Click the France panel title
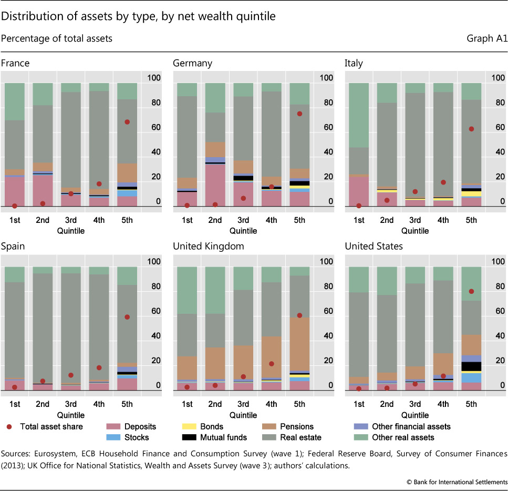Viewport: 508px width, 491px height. [15, 64]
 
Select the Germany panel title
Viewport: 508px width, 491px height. [192, 64]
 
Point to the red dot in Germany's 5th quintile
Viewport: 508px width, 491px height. [299, 114]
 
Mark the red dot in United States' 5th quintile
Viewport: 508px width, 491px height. [471, 291]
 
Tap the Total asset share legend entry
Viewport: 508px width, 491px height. [51, 427]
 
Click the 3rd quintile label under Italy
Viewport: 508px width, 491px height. [415, 220]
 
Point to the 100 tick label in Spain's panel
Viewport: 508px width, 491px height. [154, 262]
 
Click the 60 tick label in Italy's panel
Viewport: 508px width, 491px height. [497, 128]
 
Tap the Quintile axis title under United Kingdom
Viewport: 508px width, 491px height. [243, 414]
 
